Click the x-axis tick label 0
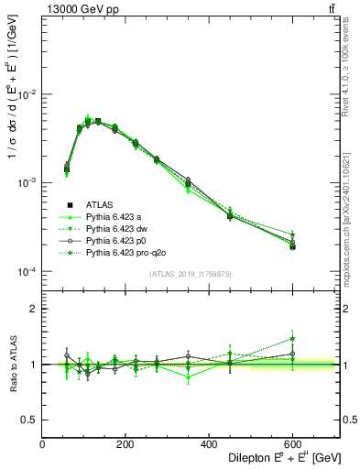tap(42, 444)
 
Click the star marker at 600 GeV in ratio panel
tap(292, 338)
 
